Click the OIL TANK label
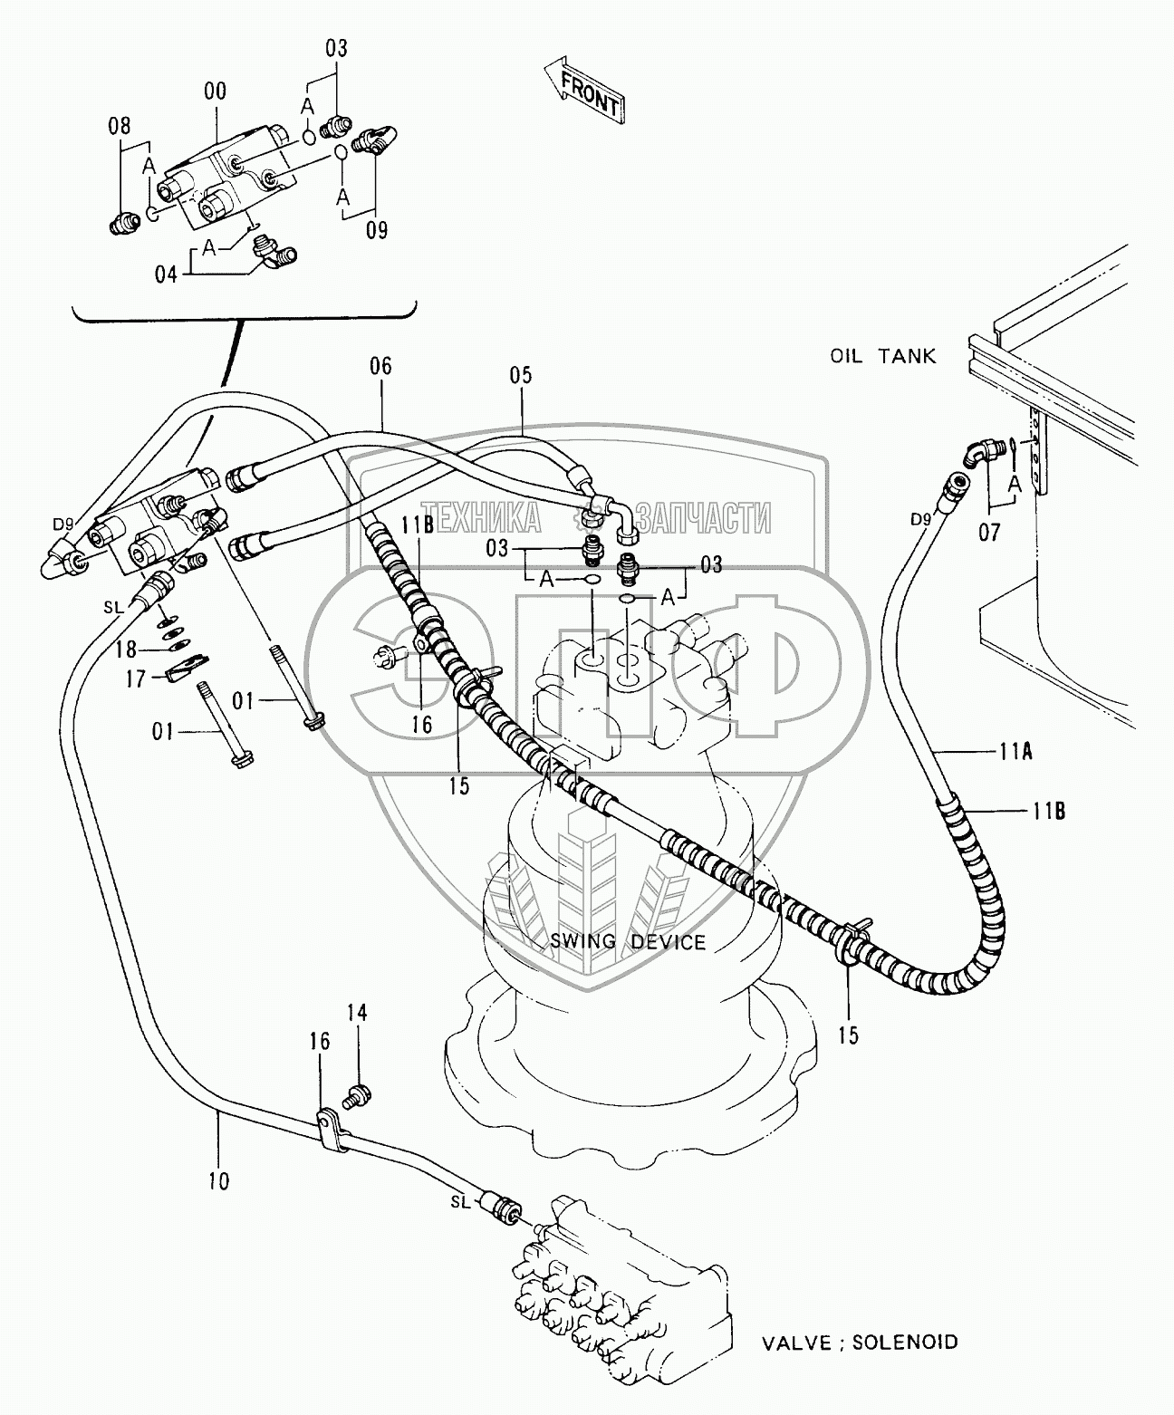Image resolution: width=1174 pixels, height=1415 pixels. [x=882, y=356]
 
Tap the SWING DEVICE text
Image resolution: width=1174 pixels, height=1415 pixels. [x=628, y=942]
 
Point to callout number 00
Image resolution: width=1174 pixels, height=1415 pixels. [x=216, y=91]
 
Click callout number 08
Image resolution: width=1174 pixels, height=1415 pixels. [x=120, y=125]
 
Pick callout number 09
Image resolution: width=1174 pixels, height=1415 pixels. [x=376, y=230]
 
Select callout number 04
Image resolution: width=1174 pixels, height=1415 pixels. [x=166, y=273]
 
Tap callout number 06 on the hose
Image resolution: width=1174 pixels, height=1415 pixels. [x=380, y=366]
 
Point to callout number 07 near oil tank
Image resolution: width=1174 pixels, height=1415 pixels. [x=988, y=532]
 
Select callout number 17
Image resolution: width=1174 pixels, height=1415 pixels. [x=135, y=678]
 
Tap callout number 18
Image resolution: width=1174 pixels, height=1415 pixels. [x=125, y=649]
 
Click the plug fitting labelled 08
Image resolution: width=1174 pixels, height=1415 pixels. [x=121, y=222]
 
